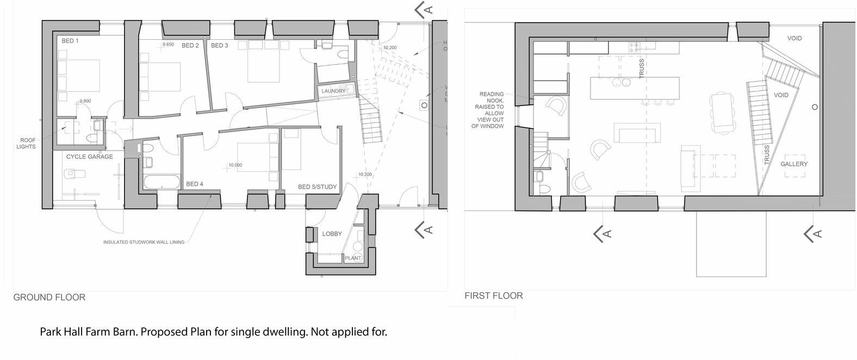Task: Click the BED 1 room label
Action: tap(70, 41)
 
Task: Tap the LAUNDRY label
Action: tap(333, 91)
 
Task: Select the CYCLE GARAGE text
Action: tap(90, 157)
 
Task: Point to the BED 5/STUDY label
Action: tap(317, 187)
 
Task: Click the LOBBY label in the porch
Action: tap(332, 234)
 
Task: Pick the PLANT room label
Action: tap(353, 258)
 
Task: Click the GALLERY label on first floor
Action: tap(794, 164)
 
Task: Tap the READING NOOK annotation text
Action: tap(492, 110)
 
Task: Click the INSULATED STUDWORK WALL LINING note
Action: tap(144, 243)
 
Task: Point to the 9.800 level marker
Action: tap(85, 101)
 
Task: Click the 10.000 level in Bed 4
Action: tap(235, 165)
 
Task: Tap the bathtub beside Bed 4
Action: tap(162, 182)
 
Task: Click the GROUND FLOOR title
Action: tap(49, 297)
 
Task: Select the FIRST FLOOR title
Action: tap(493, 296)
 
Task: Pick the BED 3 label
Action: tap(219, 46)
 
